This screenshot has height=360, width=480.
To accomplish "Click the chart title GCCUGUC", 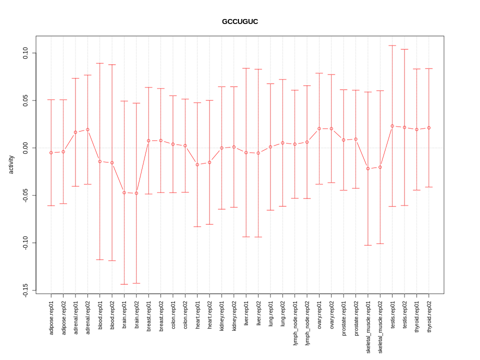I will pos(240,22).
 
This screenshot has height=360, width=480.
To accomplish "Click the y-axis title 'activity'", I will pos(11,164).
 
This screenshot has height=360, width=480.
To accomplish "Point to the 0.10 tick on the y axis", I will pos(26,53).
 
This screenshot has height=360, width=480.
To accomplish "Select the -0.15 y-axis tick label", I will pos(26,290).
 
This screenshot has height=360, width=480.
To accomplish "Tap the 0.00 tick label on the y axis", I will pos(26,148).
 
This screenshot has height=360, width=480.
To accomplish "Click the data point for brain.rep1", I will pos(124,192).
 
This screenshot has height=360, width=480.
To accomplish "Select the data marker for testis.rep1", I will pos(392,126).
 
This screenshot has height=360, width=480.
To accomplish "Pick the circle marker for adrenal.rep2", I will pos(87,129).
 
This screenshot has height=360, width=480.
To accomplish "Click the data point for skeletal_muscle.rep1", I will pos(368,168).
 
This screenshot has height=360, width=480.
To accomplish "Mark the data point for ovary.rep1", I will pos(319,128).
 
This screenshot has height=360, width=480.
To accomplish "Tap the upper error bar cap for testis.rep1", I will pos(392,45).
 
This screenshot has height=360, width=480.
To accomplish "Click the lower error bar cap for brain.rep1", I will pos(124,284).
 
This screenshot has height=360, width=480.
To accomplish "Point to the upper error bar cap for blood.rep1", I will pos(100,63).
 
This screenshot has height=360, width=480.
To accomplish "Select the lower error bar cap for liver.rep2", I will pos(258,237).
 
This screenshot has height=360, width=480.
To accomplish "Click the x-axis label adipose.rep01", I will pos(51,318).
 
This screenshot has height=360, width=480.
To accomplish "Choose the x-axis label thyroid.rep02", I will pos(429,318).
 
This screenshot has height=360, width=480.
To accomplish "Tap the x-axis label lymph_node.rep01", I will pos(295,323).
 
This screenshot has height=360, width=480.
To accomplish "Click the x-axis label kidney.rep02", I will pos(234,317).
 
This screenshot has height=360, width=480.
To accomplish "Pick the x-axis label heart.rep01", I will pos(197,316).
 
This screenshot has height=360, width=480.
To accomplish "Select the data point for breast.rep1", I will pos(148,140).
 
